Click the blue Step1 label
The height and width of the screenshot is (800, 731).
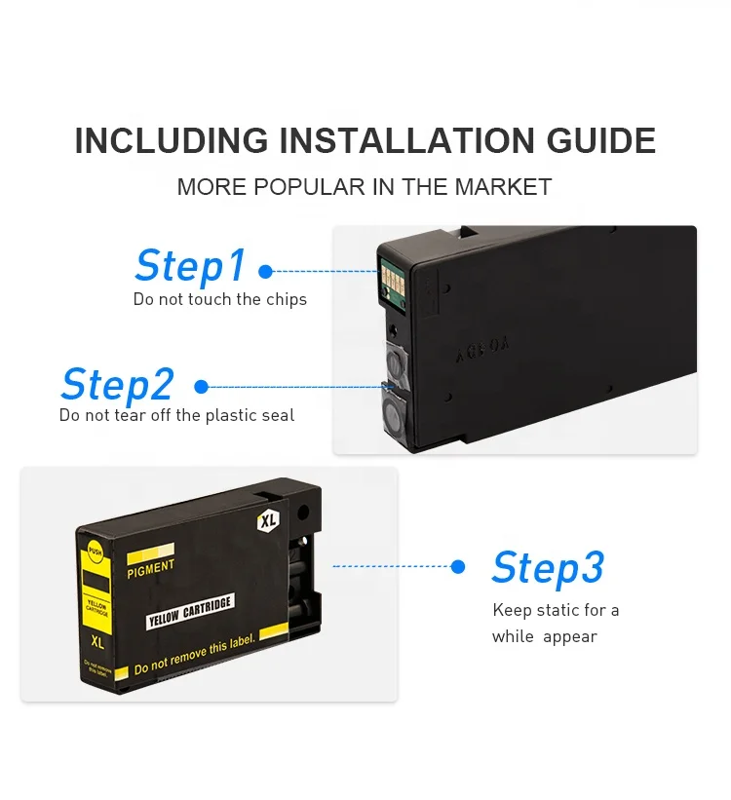click(190, 265)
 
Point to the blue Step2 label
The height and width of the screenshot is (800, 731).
click(117, 385)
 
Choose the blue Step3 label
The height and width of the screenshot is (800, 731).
click(548, 567)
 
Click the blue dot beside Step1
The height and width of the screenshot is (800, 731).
click(266, 272)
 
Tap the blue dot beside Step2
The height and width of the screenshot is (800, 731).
click(202, 387)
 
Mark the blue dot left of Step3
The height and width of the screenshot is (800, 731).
click(458, 566)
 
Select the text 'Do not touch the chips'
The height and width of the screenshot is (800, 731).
click(220, 300)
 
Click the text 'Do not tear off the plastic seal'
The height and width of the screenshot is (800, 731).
click(176, 416)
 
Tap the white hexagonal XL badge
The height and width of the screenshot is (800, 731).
click(268, 521)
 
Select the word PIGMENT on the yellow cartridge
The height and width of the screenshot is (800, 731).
click(151, 566)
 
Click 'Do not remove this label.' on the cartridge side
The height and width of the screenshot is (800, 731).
click(194, 655)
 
